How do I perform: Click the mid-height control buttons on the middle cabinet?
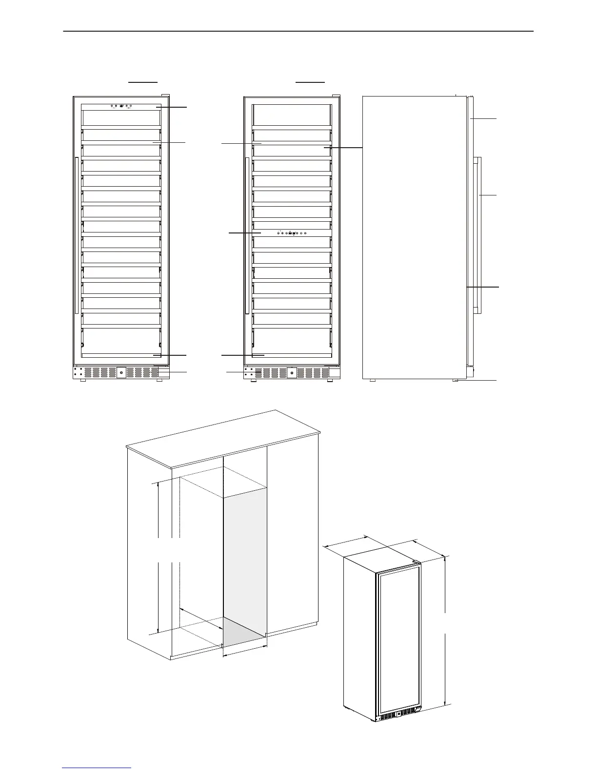coord(292,233)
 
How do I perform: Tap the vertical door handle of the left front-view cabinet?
coord(77,235)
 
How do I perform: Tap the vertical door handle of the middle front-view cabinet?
coord(247,235)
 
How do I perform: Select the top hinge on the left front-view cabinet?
coord(165,95)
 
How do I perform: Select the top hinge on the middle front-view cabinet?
coord(336,95)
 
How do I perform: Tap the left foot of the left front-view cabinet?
coord(82,380)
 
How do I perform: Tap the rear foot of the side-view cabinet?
coord(372,380)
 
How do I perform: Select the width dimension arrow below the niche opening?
coord(245,652)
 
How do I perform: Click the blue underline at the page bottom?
coord(97,768)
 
